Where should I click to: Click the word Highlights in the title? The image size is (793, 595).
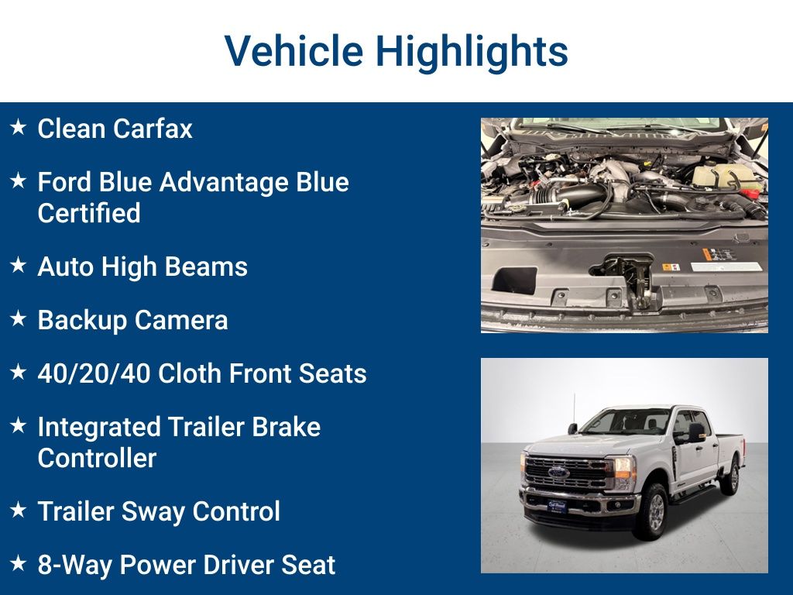[x=472, y=51]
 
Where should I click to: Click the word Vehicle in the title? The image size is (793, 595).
[x=294, y=51]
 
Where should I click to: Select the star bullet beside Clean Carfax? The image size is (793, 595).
[x=18, y=127]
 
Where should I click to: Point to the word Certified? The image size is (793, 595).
[x=89, y=213]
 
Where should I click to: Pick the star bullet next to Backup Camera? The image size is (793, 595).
[x=18, y=319]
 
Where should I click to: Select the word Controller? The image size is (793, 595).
[x=97, y=458]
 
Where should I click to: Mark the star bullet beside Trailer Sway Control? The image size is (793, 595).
[x=18, y=510]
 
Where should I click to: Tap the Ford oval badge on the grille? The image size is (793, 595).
[x=558, y=472]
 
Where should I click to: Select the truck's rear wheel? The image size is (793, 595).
[x=729, y=478]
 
